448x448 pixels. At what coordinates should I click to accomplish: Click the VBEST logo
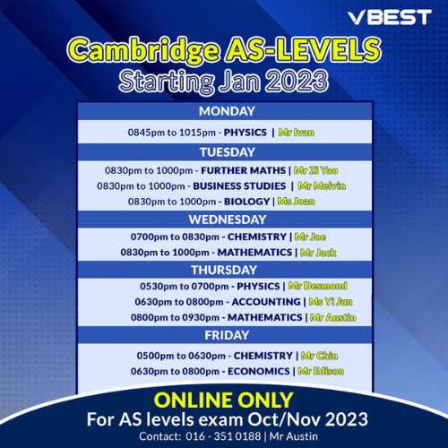(x=390, y=17)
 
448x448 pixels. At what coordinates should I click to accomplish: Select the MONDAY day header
(x=227, y=111)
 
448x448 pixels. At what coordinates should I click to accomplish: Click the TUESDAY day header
(x=228, y=152)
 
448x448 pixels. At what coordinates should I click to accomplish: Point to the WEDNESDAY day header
(x=228, y=220)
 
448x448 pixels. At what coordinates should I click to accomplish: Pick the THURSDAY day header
(x=224, y=270)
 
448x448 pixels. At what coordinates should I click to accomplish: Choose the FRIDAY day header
(x=227, y=335)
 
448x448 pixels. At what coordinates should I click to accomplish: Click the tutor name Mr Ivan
(x=297, y=133)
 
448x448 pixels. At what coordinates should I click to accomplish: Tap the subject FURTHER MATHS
(x=243, y=170)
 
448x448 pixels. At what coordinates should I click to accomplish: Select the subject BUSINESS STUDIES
(x=239, y=186)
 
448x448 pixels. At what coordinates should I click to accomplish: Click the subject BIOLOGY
(x=246, y=202)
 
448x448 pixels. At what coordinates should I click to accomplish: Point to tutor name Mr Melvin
(x=322, y=186)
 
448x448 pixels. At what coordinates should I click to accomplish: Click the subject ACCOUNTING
(x=266, y=302)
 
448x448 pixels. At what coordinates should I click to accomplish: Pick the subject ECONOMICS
(x=259, y=371)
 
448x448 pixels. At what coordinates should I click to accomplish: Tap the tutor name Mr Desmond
(x=318, y=286)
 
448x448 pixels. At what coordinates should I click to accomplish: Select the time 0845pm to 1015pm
(x=171, y=133)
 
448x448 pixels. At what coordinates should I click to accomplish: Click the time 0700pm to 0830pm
(x=175, y=237)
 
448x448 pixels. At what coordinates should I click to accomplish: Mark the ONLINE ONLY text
(x=223, y=401)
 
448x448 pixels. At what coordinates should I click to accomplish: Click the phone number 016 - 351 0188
(x=223, y=436)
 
